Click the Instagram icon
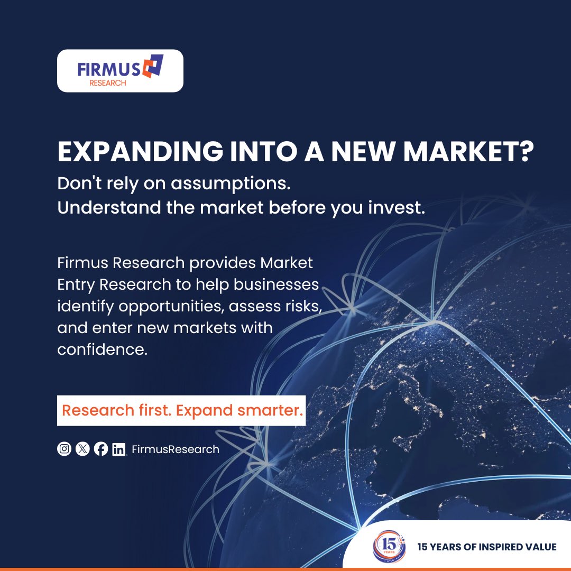click(x=64, y=449)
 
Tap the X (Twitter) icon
click(x=82, y=449)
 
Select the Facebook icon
click(x=101, y=449)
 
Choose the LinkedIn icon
click(x=119, y=449)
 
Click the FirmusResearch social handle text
click(x=176, y=449)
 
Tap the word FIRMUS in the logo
click(x=109, y=69)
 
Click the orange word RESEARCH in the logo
click(x=108, y=83)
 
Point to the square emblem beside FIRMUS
click(x=153, y=66)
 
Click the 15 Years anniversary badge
click(x=389, y=546)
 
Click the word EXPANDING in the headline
click(x=140, y=151)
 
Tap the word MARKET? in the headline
click(x=468, y=151)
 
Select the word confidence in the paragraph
click(x=103, y=349)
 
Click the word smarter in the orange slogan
click(x=270, y=410)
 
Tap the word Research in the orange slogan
click(x=98, y=410)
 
